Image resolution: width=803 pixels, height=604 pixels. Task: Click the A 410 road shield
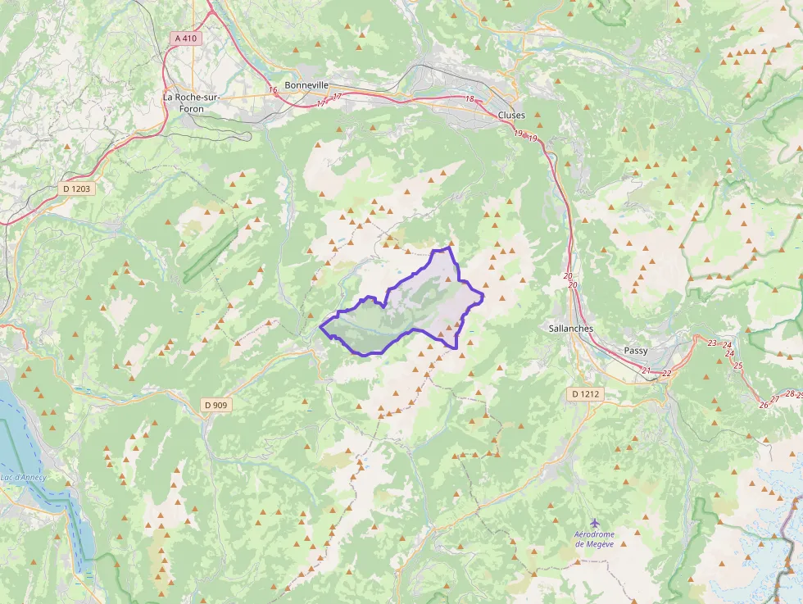[x=186, y=39]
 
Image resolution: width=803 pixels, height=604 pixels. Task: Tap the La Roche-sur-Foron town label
[x=191, y=102]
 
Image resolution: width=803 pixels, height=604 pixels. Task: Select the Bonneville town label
[x=306, y=84]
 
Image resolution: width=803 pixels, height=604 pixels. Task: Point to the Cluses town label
[x=511, y=116]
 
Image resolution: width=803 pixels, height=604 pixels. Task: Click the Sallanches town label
[x=570, y=328]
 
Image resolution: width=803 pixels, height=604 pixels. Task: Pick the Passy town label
[x=635, y=350]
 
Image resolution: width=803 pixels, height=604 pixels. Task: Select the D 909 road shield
[x=215, y=404]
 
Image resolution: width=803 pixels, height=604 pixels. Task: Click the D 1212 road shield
[x=585, y=394]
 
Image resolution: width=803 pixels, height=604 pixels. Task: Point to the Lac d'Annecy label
[x=23, y=478]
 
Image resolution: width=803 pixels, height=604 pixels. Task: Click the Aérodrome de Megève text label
[x=594, y=539]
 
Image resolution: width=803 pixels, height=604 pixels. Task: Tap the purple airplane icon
[x=594, y=522]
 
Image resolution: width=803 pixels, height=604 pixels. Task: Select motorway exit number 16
[x=273, y=90]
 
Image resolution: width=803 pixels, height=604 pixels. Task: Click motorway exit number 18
[x=470, y=100]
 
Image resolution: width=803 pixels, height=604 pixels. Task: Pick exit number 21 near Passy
[x=646, y=371]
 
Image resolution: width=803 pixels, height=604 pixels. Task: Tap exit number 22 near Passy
[x=666, y=374]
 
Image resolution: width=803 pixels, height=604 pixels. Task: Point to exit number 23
[x=712, y=343]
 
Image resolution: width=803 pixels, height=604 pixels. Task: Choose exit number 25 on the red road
[x=738, y=366]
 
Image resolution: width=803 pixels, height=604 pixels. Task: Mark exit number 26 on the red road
[x=763, y=404]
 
